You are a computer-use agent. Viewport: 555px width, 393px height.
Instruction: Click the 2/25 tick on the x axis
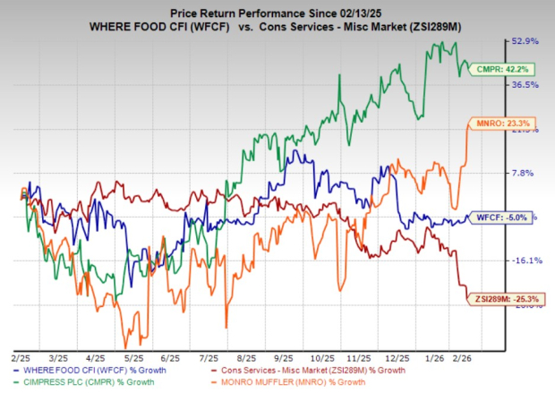[21, 355]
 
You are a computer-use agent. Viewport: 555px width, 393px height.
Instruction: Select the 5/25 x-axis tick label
[134, 355]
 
